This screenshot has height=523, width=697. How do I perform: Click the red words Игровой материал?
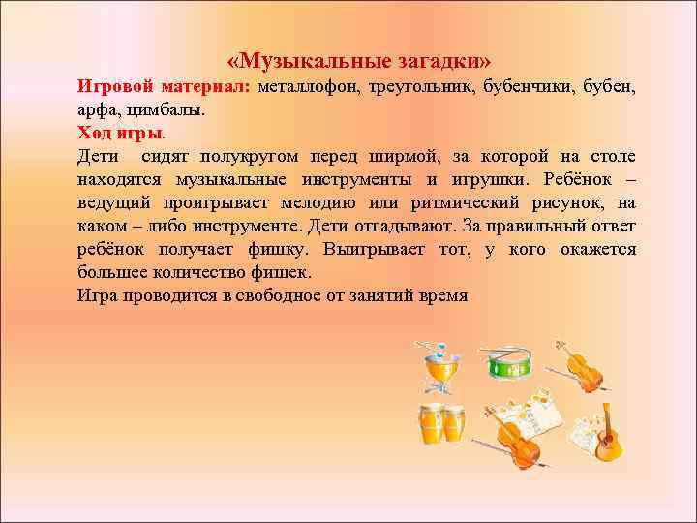click(164, 86)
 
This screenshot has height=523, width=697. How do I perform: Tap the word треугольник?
click(422, 86)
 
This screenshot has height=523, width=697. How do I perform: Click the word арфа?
click(97, 109)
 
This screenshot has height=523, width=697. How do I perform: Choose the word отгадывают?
click(387, 226)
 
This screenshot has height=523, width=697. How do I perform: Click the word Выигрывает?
click(376, 249)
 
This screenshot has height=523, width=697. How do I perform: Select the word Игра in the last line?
click(97, 295)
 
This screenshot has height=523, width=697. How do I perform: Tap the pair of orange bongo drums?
click(440, 423)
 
